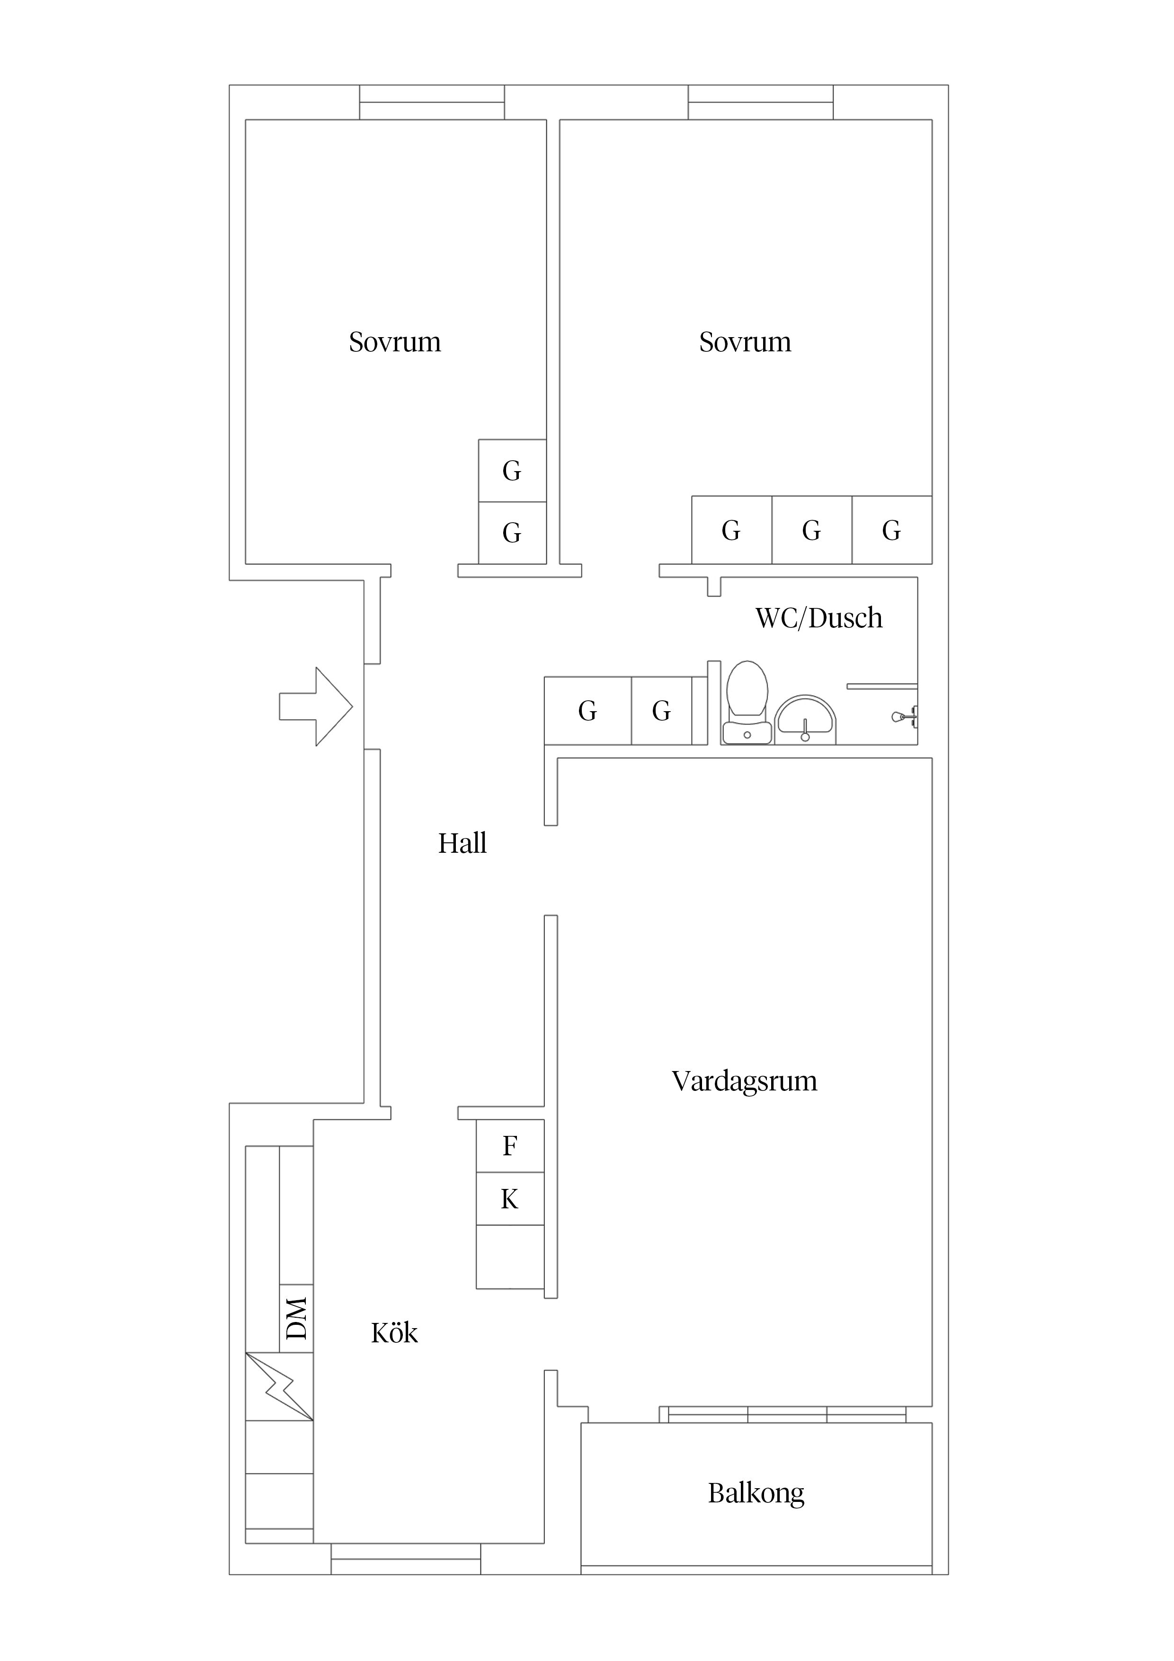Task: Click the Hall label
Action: click(x=462, y=844)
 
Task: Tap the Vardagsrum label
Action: click(x=744, y=1081)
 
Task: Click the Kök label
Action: click(x=394, y=1333)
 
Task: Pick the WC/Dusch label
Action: click(x=819, y=618)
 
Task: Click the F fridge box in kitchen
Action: click(x=510, y=1146)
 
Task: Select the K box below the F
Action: click(x=510, y=1199)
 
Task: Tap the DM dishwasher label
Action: click(x=296, y=1318)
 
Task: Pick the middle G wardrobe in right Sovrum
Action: click(x=811, y=530)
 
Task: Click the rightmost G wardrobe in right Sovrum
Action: click(x=891, y=530)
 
